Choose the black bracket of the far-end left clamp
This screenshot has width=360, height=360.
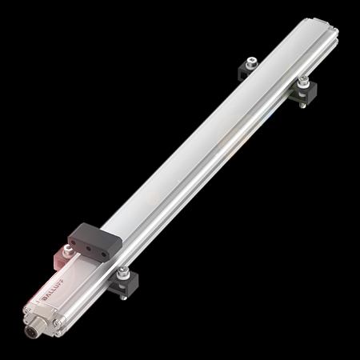[246, 70]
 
